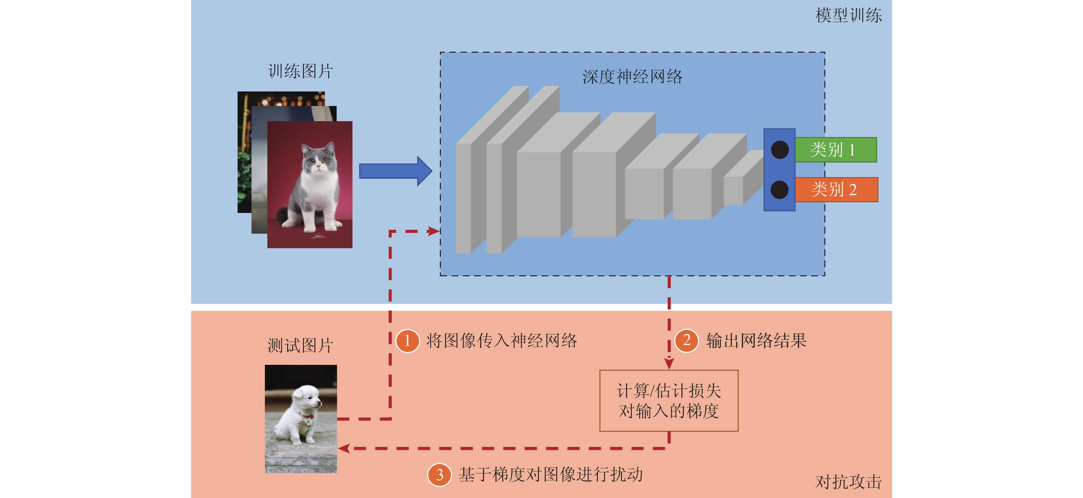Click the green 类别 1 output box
pos(835,150)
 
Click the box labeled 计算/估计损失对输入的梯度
pos(668,401)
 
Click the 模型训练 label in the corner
pos(848,16)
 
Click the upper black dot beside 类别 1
pos(779,150)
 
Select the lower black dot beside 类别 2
pos(779,190)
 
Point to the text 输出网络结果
pos(756,341)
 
